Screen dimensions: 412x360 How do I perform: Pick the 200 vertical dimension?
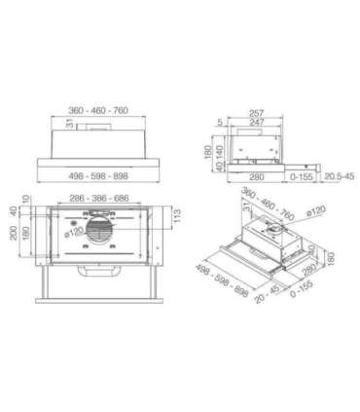click(13, 233)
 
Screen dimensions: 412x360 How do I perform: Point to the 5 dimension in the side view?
click(221, 123)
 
